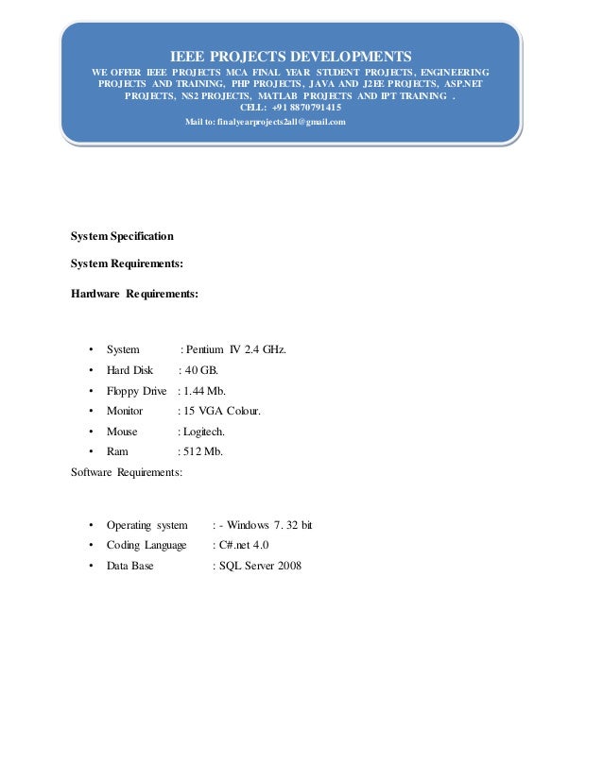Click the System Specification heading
(123, 234)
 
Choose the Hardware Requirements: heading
(135, 294)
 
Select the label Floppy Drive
(136, 391)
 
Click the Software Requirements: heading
(129, 471)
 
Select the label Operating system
(146, 525)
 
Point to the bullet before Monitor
(90, 412)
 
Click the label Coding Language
(146, 546)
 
